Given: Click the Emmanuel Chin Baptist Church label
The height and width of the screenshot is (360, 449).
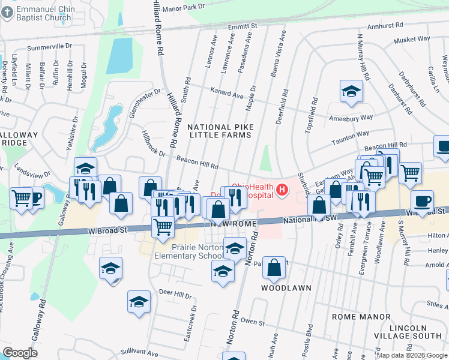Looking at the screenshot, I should (41, 13).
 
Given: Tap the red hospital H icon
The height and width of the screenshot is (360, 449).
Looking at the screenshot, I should (283, 192).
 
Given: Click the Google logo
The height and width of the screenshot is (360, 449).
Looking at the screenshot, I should (20, 353).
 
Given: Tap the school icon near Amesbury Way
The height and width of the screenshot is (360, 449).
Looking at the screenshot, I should (351, 92).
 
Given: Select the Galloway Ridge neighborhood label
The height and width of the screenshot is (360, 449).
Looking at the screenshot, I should (18, 139).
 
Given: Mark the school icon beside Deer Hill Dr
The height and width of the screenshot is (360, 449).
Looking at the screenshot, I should (139, 302).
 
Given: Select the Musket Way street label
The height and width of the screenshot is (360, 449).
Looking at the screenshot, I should (412, 40).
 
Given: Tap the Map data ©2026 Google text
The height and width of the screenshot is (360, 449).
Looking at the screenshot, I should (412, 355).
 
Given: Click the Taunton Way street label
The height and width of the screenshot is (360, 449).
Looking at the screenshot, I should (350, 136).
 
